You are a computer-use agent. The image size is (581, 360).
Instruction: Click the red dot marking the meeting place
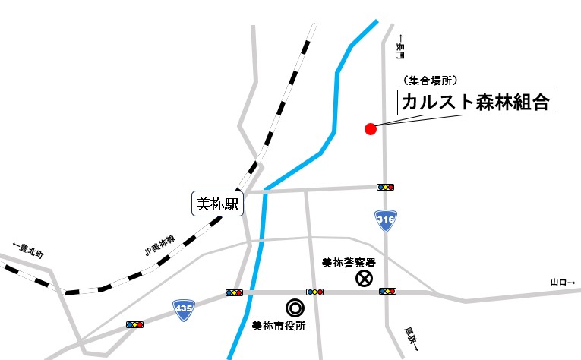371,128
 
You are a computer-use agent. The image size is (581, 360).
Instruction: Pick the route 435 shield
182,308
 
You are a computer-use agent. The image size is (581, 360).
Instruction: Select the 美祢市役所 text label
279,327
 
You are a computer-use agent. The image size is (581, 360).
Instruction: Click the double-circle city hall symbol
294,308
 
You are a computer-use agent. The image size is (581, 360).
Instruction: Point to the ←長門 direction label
400,47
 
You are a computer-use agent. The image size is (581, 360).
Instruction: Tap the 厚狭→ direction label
410,337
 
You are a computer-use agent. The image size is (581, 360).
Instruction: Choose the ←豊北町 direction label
30,251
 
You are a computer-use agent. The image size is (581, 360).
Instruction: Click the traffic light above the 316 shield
386,187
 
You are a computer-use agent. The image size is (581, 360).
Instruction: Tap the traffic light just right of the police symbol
387,291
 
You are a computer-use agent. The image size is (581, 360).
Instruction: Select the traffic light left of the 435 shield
135,325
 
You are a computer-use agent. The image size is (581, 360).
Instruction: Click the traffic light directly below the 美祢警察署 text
314,292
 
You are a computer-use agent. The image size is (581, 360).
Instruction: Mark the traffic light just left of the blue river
234,292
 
